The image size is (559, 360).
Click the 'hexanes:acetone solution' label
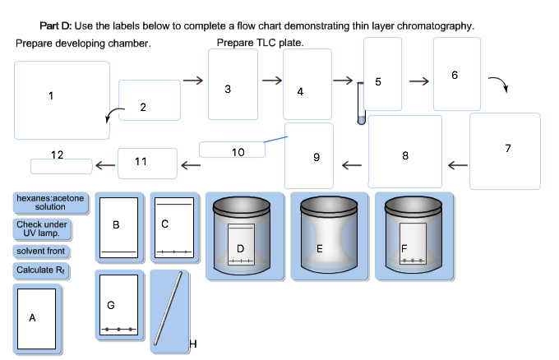pyautogui.click(x=49, y=203)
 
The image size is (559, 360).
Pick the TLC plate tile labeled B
pyautogui.click(x=119, y=227)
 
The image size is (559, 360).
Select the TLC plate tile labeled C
pyautogui.click(x=173, y=227)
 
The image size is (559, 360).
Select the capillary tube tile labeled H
pyautogui.click(x=173, y=307)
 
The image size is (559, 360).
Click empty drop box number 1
pyautogui.click(x=61, y=100)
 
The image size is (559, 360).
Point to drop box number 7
pyautogui.click(x=505, y=150)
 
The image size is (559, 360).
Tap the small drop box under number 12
pyautogui.click(x=62, y=166)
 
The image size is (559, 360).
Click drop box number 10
pyautogui.click(x=233, y=150)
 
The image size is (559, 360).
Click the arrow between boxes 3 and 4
pyautogui.click(x=270, y=81)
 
